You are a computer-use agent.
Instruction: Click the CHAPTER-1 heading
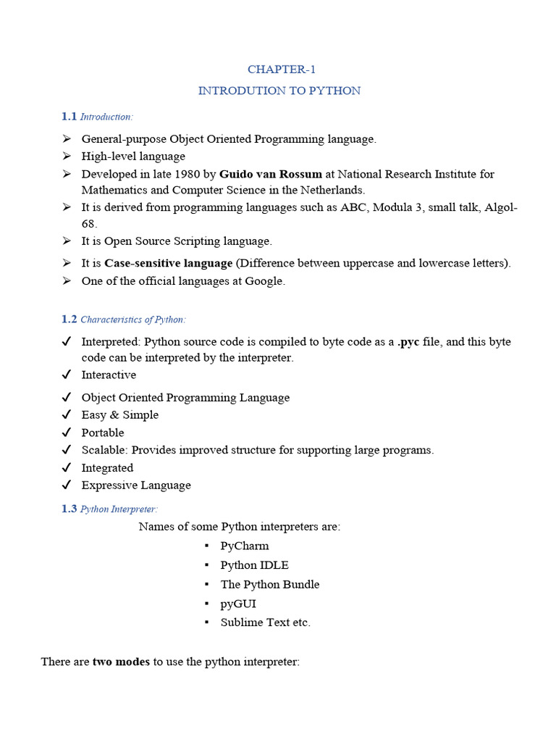pos(282,70)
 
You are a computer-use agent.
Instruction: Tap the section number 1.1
pos(69,117)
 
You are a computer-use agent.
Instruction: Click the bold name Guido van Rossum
pos(271,174)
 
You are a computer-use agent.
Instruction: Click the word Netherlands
pos(337,190)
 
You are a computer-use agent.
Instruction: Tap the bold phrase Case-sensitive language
pos(169,263)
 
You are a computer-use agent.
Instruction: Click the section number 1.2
pos(69,319)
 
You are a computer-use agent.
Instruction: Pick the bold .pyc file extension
pos(408,341)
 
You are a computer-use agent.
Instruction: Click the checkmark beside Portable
pos(67,433)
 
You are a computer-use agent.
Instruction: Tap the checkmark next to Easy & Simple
pos(67,415)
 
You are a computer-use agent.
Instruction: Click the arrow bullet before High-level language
pos(67,157)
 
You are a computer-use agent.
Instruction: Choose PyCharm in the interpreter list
pos(245,546)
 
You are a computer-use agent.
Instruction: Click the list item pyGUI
pos(238,604)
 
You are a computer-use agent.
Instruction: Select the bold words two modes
pos(121,662)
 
